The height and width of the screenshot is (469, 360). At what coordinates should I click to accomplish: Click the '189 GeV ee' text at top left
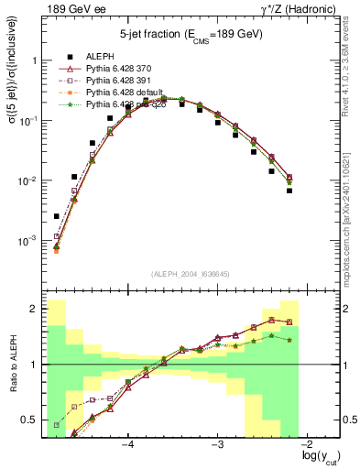click(75, 9)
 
